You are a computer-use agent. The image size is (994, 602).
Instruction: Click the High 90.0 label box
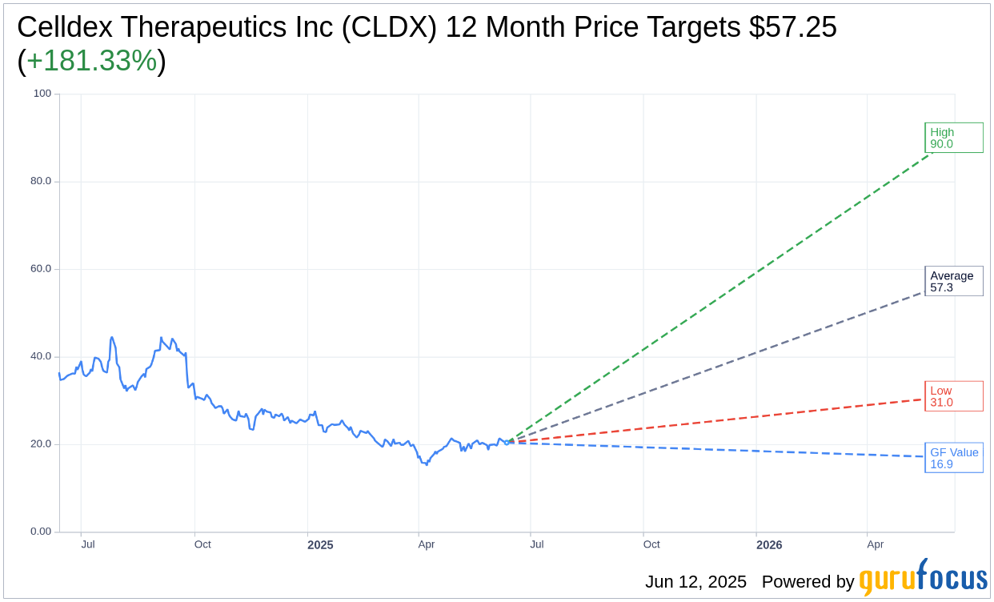pos(953,138)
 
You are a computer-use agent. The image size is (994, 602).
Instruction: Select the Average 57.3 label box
pos(953,281)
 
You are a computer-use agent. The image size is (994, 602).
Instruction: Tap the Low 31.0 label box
pos(953,396)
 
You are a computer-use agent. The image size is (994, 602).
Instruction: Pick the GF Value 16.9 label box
pos(953,458)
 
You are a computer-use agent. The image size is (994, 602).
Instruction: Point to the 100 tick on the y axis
pos(42,94)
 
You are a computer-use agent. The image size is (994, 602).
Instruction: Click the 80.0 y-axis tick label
pos(40,181)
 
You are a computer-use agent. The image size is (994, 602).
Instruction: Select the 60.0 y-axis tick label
pos(40,269)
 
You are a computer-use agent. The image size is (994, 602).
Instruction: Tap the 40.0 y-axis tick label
pos(40,356)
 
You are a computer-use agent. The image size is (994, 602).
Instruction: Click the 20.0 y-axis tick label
pos(40,444)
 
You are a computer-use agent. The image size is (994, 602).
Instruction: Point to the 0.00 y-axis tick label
pos(40,532)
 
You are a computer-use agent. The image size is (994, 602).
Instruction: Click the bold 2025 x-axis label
pos(320,545)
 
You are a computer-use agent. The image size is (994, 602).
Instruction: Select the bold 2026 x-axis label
pos(769,545)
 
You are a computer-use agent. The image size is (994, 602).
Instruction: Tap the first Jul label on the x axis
pos(88,544)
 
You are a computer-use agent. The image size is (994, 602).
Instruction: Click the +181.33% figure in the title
pos(91,61)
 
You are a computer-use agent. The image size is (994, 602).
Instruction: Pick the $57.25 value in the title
pos(793,27)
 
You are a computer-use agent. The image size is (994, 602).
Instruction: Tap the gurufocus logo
pos(923,578)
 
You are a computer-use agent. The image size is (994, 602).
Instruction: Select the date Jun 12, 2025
pos(695,582)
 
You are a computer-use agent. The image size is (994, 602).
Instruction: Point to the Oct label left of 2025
pos(202,544)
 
